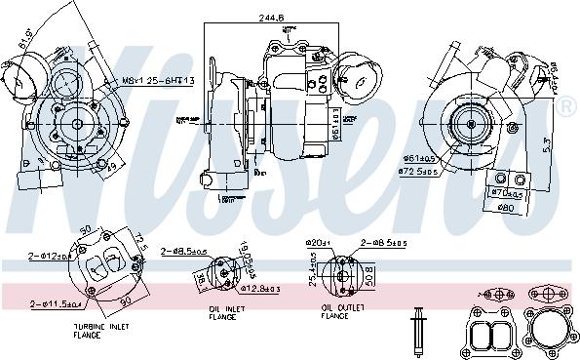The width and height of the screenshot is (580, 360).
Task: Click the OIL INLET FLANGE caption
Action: [x=227, y=313]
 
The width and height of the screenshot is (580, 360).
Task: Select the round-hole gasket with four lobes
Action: [x=551, y=331]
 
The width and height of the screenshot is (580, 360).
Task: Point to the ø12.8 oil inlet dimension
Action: [x=262, y=289]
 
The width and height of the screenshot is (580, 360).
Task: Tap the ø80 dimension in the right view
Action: [x=505, y=206]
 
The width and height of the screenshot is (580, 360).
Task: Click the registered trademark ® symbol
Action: [x=567, y=102]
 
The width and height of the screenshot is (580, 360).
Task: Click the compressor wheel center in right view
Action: [x=470, y=122]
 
